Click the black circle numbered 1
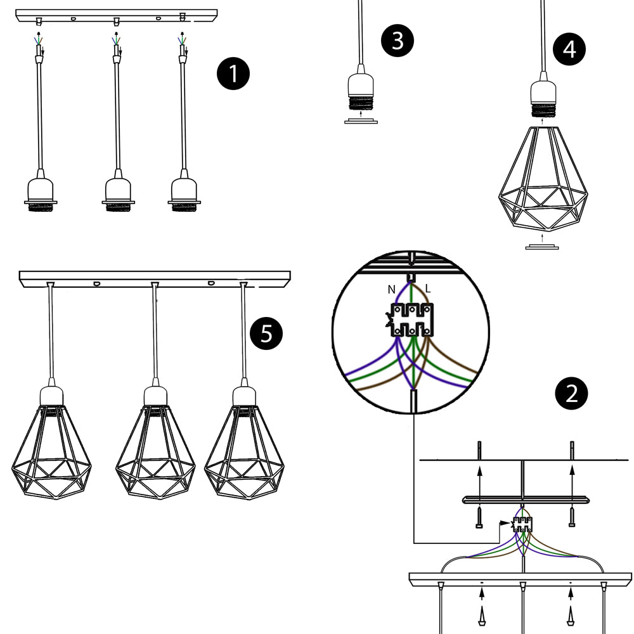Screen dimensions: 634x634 (x=233, y=74)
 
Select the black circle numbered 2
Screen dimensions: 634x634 (x=571, y=394)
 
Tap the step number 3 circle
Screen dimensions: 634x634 (x=397, y=41)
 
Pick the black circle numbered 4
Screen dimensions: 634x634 (x=569, y=49)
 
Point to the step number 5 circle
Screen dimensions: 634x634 (x=267, y=333)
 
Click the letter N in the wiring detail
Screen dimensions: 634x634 (x=391, y=289)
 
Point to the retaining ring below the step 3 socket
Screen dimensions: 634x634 (x=361, y=120)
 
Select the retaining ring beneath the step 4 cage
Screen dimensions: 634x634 (x=541, y=247)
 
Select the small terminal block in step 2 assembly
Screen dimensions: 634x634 (x=523, y=524)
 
